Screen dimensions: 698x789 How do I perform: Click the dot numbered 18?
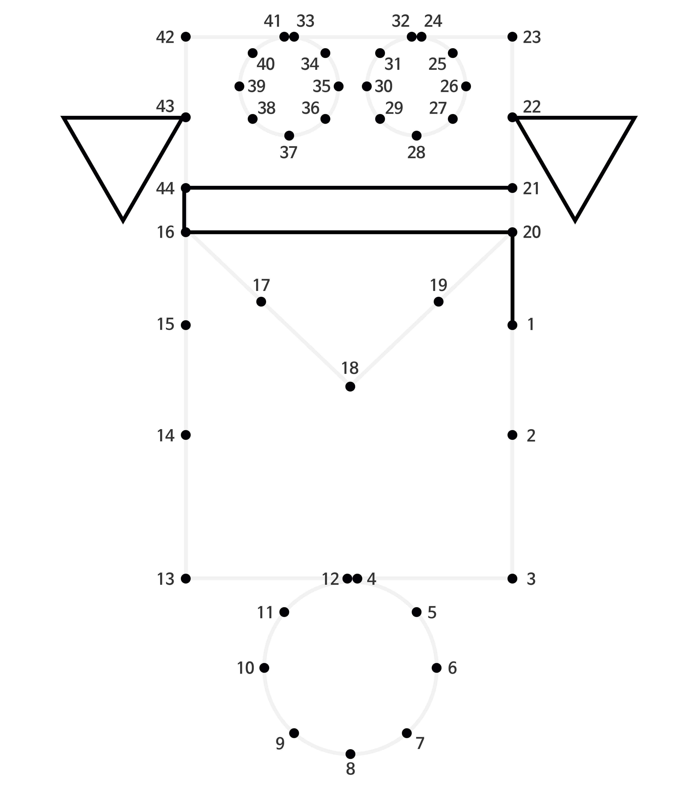click(x=350, y=386)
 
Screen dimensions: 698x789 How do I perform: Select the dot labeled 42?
click(x=186, y=37)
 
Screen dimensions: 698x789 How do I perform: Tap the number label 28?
click(x=416, y=153)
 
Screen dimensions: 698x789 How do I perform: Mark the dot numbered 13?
click(x=186, y=579)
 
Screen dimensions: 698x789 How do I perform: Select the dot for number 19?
click(x=438, y=301)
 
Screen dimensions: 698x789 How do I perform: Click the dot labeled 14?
click(x=186, y=435)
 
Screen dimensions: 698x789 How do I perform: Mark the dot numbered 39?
click(x=239, y=86)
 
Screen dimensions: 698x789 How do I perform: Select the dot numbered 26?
click(x=466, y=86)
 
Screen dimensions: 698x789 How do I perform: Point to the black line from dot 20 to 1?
click(x=512, y=279)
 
